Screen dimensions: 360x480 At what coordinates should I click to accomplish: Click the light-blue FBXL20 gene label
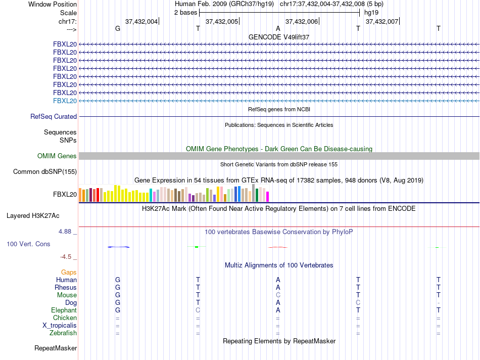65,101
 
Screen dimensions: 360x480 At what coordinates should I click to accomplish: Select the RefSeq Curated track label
54,116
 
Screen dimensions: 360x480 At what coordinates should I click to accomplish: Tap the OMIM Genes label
57,156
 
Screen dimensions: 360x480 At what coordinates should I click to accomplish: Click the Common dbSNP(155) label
45,171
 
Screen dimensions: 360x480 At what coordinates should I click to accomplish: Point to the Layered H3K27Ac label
33,215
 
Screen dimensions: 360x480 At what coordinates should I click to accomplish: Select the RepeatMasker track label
56,348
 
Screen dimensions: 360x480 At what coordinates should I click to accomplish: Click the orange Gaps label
69,272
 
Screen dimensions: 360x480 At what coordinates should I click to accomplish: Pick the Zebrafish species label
63,333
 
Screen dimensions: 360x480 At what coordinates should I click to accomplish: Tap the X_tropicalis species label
60,325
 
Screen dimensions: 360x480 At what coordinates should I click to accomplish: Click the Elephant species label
64,310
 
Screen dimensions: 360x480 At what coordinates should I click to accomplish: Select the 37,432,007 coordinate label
381,21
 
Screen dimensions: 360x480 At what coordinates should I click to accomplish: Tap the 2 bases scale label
185,12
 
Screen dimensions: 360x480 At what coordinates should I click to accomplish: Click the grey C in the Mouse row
278,295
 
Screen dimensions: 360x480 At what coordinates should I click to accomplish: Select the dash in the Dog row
439,302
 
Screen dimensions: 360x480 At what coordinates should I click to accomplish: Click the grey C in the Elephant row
198,310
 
